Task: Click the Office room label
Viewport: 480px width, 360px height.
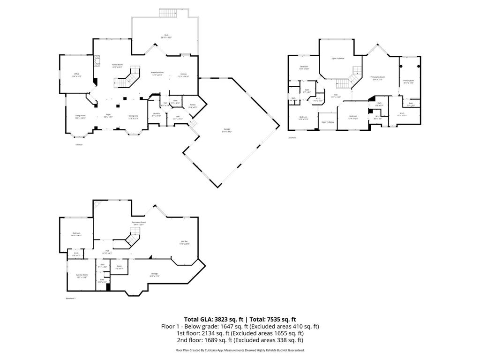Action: pyautogui.click(x=76, y=75)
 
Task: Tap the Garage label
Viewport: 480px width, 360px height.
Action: pyautogui.click(x=227, y=131)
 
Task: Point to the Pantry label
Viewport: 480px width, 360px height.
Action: pyautogui.click(x=193, y=106)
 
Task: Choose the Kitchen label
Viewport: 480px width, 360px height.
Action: pyautogui.click(x=184, y=75)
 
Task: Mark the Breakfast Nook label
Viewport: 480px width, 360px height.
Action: pyautogui.click(x=157, y=74)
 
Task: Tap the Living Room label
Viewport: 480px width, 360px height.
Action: pyautogui.click(x=81, y=117)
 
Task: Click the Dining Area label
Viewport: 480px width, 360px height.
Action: pyautogui.click(x=134, y=117)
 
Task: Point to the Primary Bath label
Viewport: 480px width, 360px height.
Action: pyautogui.click(x=409, y=82)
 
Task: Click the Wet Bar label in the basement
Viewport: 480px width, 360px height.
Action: pyautogui.click(x=185, y=242)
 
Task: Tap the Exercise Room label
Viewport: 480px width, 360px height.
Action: pyautogui.click(x=82, y=276)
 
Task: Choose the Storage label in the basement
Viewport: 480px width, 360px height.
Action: pyautogui.click(x=154, y=275)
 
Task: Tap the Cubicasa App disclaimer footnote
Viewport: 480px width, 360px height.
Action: pyautogui.click(x=240, y=350)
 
